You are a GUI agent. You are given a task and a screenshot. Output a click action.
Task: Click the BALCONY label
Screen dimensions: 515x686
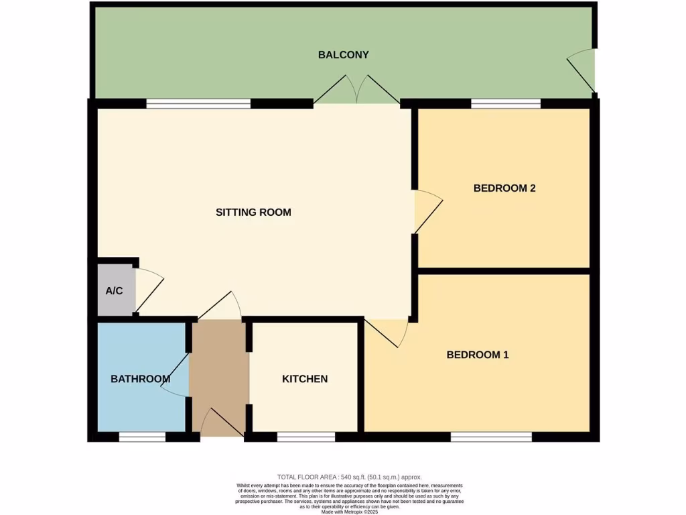pos(343,55)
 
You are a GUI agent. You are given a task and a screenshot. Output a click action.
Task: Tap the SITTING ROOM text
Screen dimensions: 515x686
pos(253,213)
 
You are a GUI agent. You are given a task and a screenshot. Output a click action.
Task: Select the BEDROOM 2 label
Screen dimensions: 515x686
pos(504,188)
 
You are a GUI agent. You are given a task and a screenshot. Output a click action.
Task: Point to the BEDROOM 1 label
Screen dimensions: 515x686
pos(478,355)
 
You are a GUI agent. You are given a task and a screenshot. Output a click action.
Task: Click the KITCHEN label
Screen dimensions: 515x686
pos(305,379)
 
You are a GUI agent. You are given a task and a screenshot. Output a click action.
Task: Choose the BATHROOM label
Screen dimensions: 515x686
pos(140,379)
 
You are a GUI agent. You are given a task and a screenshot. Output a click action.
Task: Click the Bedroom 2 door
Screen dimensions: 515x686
pos(427,211)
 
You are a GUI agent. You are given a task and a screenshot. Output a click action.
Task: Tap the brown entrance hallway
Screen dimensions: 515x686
pos(219,376)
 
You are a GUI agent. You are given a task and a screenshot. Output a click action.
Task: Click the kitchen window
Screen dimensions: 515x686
pos(305,437)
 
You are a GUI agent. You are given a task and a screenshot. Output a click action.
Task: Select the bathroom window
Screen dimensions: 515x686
pos(142,437)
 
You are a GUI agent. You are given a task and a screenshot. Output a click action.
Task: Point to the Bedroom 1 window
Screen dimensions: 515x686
pos(491,437)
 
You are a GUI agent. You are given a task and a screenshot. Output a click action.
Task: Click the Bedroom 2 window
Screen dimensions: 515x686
pos(506,103)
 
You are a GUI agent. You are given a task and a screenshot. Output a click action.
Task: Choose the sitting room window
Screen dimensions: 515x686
pos(198,103)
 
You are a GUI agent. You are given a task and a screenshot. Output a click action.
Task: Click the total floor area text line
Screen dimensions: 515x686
pos(349,477)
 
